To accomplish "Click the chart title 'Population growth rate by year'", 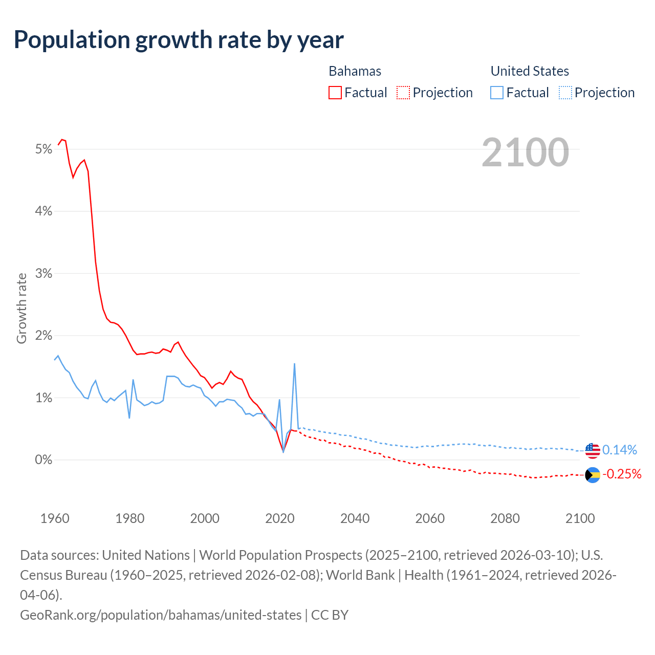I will pos(179,40).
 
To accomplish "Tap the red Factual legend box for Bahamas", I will pos(335,93).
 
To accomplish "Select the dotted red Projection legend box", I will pos(403,93).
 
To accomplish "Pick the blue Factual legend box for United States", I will pos(497,93).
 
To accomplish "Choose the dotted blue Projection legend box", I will pos(565,93).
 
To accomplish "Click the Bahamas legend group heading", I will pos(355,71).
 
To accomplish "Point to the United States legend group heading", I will pos(530,71).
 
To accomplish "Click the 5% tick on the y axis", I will pos(43,149).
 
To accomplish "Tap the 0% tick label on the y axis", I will pos(43,460).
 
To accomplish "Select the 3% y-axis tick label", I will pos(43,274).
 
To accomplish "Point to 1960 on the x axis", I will pos(55,518).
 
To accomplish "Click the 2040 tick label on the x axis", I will pos(355,518).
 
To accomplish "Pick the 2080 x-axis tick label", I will pos(505,518).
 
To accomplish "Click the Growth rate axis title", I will pos(21,308).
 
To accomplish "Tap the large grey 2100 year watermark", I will pos(525,152).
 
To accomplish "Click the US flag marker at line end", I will pos(593,450).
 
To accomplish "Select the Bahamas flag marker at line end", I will pos(593,475).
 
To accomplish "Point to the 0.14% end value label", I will pos(620,450).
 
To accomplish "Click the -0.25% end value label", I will pos(622,474).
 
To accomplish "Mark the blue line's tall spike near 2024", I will pos(294,364).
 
